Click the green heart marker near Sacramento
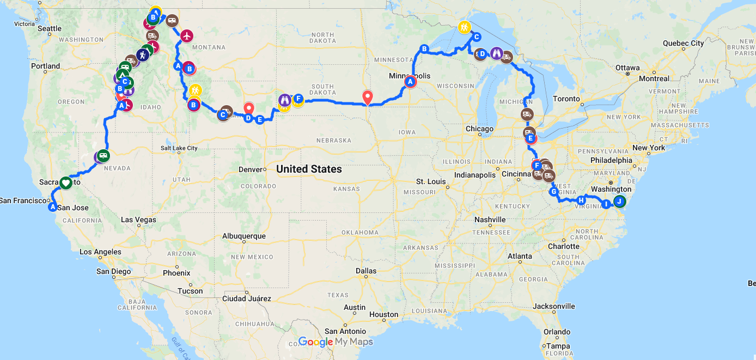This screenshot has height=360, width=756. click(x=65, y=183)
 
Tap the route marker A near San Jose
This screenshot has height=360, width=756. click(x=53, y=207)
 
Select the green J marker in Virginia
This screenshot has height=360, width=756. click(x=619, y=202)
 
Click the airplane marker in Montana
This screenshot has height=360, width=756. click(x=187, y=36)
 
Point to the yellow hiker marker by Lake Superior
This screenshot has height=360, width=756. click(x=464, y=27)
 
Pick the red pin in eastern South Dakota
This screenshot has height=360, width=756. click(x=368, y=97)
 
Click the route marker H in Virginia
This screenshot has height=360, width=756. click(x=581, y=200)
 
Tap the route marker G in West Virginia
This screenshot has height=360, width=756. click(x=554, y=192)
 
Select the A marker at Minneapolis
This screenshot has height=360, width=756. click(x=410, y=82)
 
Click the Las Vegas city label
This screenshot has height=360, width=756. click(x=138, y=220)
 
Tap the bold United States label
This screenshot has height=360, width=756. click(x=309, y=169)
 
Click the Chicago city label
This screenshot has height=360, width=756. click(x=479, y=129)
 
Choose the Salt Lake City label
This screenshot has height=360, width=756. click(x=179, y=148)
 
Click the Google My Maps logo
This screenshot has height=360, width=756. click(x=336, y=342)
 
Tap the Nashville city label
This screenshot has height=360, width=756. click(x=490, y=219)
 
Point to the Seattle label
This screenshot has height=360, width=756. click(x=50, y=28)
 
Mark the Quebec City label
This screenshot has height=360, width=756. click(x=683, y=43)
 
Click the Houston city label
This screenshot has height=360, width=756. click(x=383, y=314)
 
